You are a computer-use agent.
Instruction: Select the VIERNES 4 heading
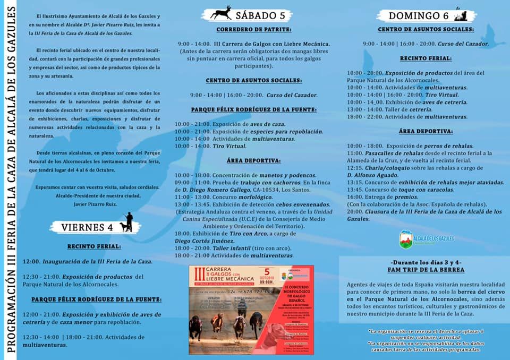pos(87,227)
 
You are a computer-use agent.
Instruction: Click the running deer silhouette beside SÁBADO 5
pos(220,13)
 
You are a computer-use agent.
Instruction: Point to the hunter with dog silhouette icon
pos(127,222)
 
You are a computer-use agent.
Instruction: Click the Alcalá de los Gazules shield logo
pos(406,239)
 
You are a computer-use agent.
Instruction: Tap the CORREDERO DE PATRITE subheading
pos(253,29)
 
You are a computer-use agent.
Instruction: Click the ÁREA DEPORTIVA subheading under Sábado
pos(253,160)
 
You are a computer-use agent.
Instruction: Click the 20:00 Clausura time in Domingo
pos(355,211)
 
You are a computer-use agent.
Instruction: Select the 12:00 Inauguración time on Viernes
pos(31,261)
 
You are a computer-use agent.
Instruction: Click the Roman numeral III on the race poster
pos(199,275)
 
